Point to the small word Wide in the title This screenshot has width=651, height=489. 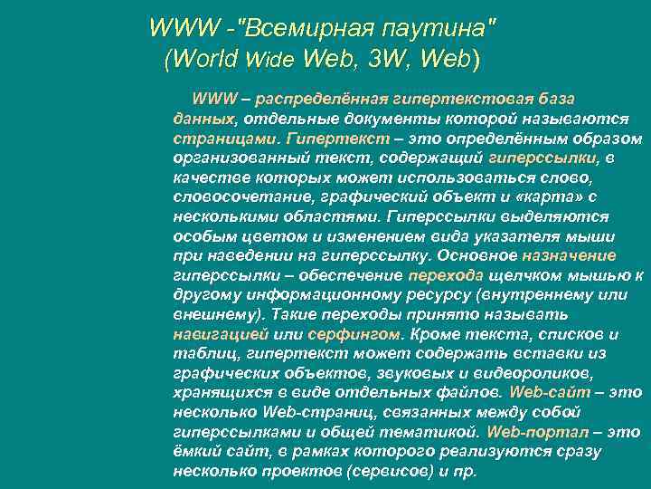[x=272, y=62]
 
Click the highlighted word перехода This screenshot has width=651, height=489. [x=447, y=276]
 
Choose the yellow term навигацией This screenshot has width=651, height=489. [x=214, y=335]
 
